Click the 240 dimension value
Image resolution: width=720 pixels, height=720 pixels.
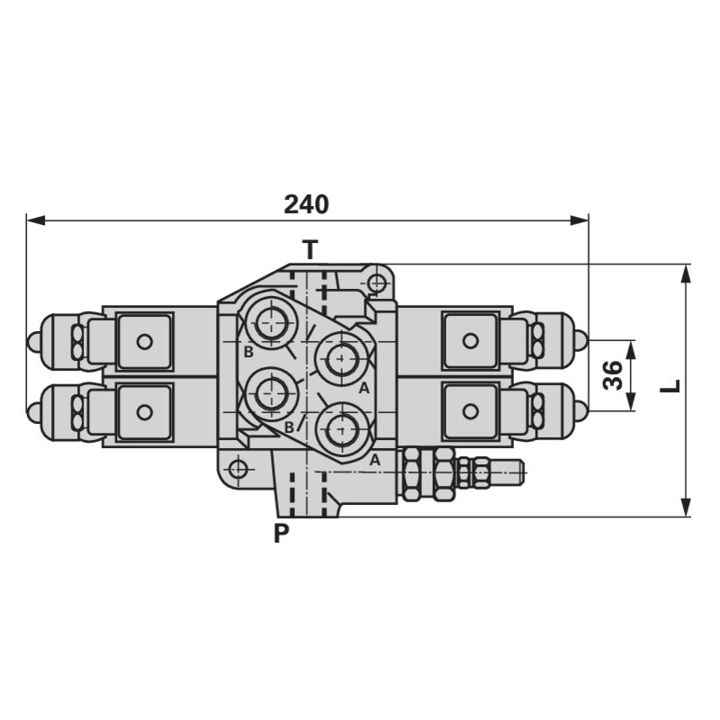coord(306,204)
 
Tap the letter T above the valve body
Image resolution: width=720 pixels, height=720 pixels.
coord(310,249)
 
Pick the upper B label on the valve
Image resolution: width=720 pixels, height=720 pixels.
coord(247,352)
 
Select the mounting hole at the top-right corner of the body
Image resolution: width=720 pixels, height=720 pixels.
coord(376,284)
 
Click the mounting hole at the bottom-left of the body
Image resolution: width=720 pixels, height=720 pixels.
coord(238,469)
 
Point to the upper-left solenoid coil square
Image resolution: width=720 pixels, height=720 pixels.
coord(143,341)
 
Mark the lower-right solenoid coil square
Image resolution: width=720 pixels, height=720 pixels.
coord(469,411)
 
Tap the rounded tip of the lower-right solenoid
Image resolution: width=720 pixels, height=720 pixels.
coord(580,411)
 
